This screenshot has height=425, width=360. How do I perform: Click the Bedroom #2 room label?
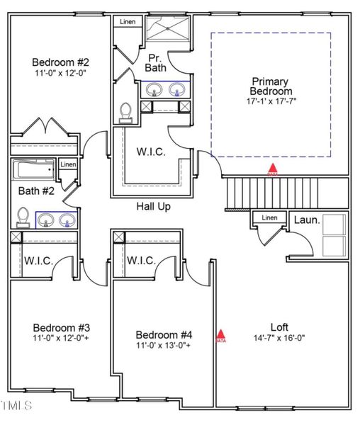60,62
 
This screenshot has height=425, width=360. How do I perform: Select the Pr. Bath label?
156,62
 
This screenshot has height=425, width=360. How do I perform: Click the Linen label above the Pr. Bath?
127,22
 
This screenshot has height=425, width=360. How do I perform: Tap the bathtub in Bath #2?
33,171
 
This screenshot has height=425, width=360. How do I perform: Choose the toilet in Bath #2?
23,216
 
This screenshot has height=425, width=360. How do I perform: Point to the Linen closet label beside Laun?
269,217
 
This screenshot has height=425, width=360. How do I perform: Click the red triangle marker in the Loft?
220,334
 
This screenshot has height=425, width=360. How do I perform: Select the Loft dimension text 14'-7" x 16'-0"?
279,338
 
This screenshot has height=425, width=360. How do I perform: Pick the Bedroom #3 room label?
61,328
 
